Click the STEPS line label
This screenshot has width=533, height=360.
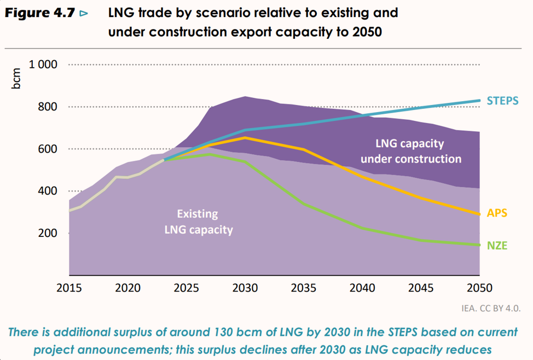pos(502,101)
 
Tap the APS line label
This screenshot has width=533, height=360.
pos(497,213)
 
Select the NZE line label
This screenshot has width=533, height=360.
pos(497,246)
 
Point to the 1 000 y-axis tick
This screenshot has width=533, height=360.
pos(43,65)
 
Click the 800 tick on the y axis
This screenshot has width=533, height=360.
pos(48,107)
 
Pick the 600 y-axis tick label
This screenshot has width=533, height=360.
pos(48,149)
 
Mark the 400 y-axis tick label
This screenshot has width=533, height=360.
pos(48,191)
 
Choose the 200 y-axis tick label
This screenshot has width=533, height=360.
pos(48,233)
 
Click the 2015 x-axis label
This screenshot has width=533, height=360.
pos(69,288)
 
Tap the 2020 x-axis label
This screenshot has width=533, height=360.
pos(128,288)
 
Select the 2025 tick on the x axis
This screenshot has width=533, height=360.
pos(187,288)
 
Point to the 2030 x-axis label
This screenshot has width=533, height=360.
pos(245,288)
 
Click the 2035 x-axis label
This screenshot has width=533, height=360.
pos(304,288)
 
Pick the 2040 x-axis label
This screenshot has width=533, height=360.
pos(362,288)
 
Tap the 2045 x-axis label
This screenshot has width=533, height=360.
pos(421,288)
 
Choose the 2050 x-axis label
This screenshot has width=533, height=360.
pos(479,288)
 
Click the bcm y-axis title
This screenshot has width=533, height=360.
pos(18,79)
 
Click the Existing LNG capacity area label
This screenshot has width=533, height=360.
pos(198,222)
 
